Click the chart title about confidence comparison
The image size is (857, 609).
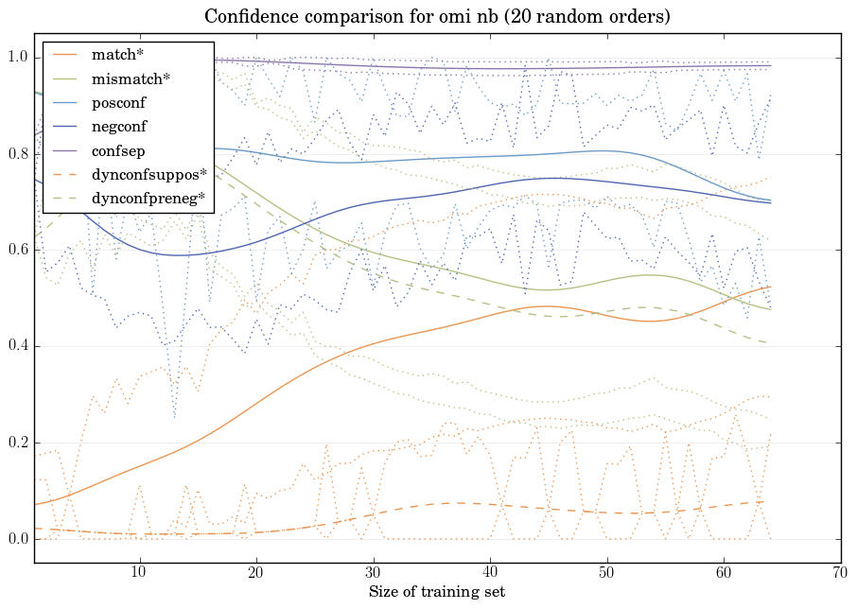pos(437,16)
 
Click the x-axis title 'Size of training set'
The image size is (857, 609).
pos(436,593)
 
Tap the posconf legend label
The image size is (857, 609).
pos(118,103)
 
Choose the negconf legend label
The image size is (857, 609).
pos(119,127)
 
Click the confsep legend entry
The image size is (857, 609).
pos(117,150)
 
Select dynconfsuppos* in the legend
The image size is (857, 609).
pos(149,175)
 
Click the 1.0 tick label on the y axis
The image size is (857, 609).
pos(17,59)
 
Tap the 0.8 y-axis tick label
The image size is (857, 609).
pos(17,155)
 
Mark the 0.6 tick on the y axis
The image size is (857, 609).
pos(17,251)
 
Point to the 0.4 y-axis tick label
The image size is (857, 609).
pos(17,347)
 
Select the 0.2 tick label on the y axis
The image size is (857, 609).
pos(17,444)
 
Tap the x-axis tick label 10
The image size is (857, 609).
pos(139,573)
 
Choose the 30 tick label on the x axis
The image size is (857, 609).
pos(373,573)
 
